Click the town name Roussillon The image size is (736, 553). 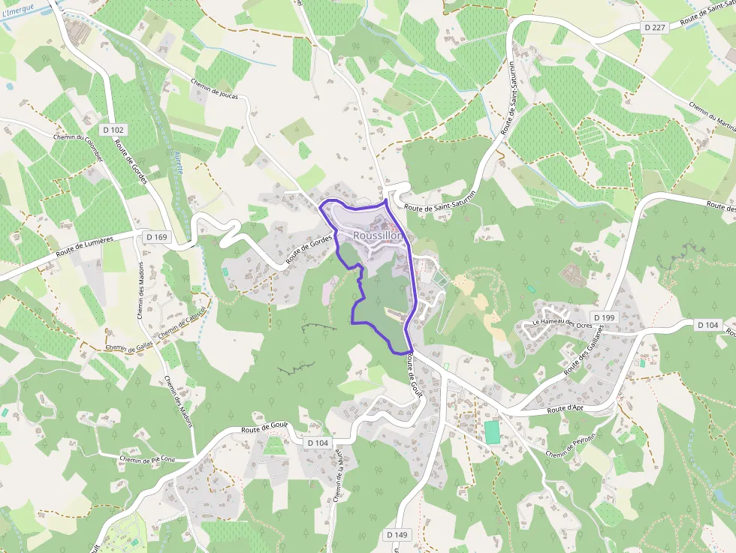point(378,236)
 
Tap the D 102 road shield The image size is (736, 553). point(114,130)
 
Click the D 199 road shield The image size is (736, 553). point(603,318)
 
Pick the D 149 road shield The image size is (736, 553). point(397,535)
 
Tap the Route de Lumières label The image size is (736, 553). point(86,249)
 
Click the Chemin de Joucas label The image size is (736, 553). point(215,89)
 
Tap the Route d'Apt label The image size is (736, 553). point(566,409)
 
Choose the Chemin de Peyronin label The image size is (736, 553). point(571,444)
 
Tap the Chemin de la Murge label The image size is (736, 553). point(336,482)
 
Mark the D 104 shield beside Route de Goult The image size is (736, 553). point(318,443)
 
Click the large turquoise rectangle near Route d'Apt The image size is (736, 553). point(491,431)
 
